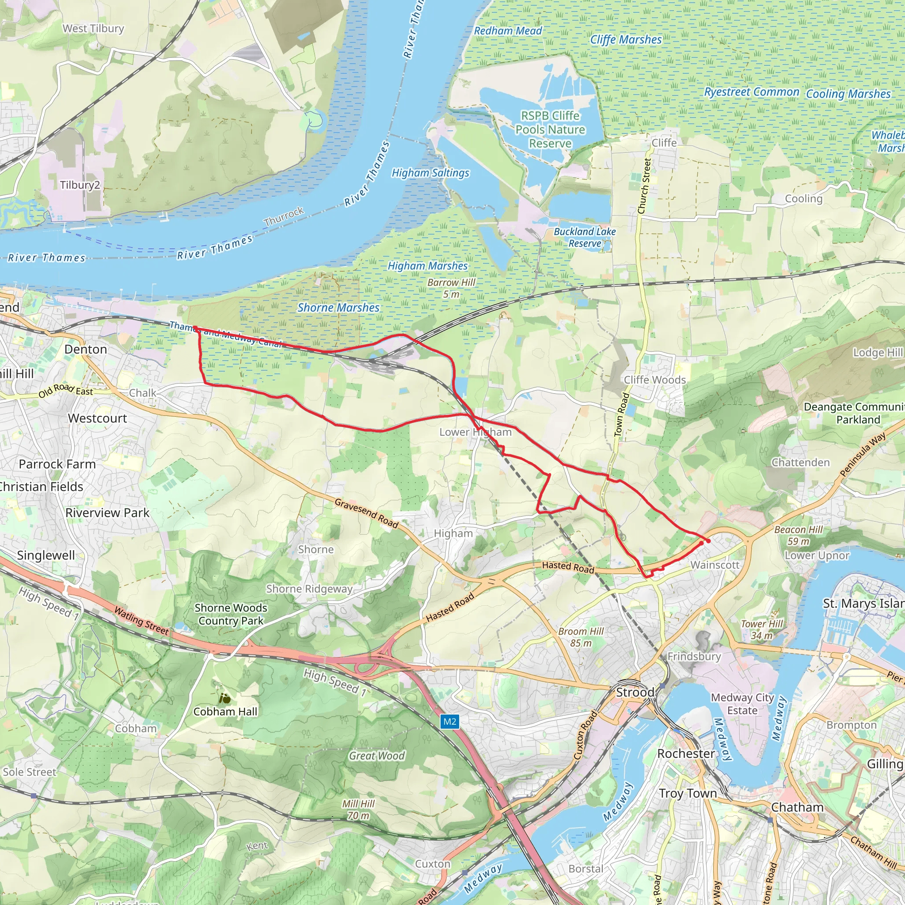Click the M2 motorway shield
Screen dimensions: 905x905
(x=450, y=721)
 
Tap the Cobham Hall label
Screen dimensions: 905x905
(x=225, y=711)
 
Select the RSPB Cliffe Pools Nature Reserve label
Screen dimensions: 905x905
(x=551, y=130)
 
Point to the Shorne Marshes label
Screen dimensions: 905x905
(x=338, y=308)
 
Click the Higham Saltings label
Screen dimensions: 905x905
(x=430, y=173)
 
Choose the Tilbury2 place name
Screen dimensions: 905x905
(x=80, y=185)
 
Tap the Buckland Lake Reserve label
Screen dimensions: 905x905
(x=585, y=237)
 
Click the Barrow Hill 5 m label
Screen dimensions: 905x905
(x=451, y=288)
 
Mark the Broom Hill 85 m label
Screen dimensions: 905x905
(x=581, y=637)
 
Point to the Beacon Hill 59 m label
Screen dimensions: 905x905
(x=798, y=535)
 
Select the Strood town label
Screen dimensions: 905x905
(x=635, y=692)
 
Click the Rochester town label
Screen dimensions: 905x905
(x=686, y=754)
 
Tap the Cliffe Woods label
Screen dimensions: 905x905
(x=654, y=380)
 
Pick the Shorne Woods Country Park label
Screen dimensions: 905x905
(x=231, y=614)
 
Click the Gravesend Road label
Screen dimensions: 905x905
(x=366, y=513)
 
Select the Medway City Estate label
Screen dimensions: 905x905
(x=742, y=703)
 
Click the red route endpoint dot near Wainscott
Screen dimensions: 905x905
(x=708, y=541)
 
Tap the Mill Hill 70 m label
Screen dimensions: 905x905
(x=358, y=810)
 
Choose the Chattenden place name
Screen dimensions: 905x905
(x=801, y=462)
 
